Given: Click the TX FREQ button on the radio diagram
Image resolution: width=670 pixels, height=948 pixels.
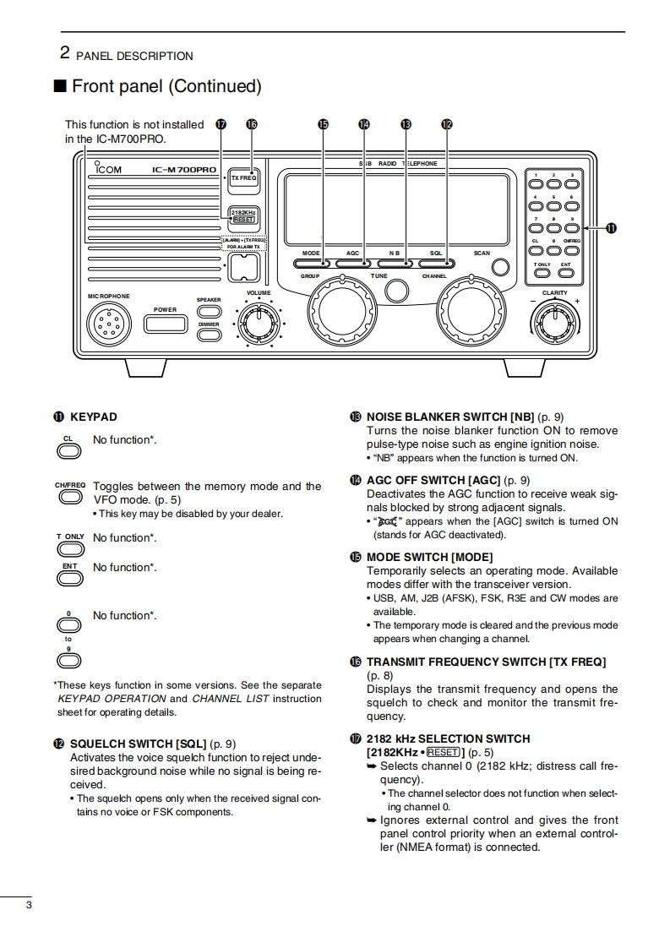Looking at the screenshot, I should click(244, 179).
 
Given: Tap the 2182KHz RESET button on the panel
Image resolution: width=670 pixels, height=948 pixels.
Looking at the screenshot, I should click(243, 216).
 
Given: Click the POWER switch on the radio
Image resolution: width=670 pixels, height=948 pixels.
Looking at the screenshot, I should click(166, 324).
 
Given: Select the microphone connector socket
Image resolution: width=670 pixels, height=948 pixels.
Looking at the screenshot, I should click(107, 323).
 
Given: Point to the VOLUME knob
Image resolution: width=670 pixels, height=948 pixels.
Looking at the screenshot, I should click(256, 323).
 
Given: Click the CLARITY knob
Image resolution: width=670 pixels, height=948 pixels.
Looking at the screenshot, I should click(554, 322).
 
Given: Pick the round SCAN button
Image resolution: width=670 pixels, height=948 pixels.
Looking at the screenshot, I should click(501, 267).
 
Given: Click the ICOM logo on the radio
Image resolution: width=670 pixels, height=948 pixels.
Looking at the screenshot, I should click(109, 169).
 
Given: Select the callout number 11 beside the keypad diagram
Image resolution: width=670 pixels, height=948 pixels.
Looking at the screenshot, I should click(611, 228).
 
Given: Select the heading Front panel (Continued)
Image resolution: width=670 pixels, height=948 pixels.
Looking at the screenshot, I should click(166, 86).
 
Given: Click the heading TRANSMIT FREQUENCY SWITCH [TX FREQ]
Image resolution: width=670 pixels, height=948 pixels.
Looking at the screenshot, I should click(486, 662).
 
